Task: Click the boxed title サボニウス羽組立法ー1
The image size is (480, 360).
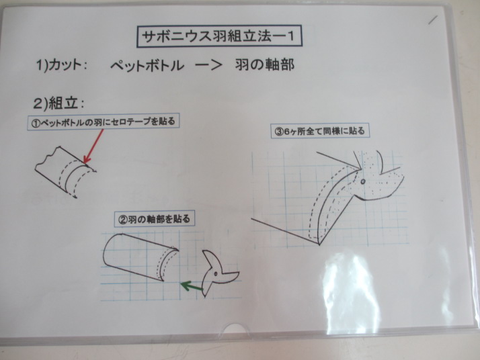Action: (x=219, y=37)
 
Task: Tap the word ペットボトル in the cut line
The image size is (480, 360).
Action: (x=147, y=65)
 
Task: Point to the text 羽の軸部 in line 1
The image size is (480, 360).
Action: (x=265, y=65)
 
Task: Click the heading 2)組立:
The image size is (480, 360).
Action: (x=58, y=103)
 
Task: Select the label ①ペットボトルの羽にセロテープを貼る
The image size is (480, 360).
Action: (x=104, y=122)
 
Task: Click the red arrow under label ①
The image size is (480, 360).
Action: (x=93, y=146)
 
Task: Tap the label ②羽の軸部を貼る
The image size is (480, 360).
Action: (x=155, y=219)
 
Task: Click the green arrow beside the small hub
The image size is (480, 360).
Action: (x=192, y=286)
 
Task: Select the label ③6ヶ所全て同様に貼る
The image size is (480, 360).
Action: (x=320, y=131)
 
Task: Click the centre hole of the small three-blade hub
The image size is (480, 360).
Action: (x=216, y=273)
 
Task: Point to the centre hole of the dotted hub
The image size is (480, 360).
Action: (x=363, y=182)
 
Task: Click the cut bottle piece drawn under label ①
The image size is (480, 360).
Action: (x=65, y=171)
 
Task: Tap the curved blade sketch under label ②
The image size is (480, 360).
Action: (x=141, y=257)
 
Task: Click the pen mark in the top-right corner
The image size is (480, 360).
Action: (x=433, y=19)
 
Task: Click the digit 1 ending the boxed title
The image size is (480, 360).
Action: (x=290, y=37)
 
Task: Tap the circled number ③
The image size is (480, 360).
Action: (x=278, y=132)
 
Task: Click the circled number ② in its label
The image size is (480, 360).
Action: (x=122, y=220)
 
